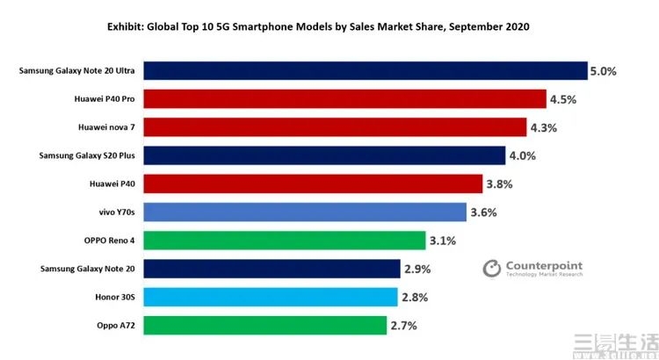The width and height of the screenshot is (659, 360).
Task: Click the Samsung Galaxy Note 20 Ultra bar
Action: click(365, 71)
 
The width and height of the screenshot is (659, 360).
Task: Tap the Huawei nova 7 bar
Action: click(335, 127)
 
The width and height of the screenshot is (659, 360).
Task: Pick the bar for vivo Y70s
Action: click(304, 212)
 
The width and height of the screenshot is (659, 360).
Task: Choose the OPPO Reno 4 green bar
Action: click(285, 241)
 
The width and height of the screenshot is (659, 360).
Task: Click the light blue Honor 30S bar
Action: click(271, 297)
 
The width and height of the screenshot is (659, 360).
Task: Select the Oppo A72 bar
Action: click(264, 326)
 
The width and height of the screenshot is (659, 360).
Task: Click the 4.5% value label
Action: click(563, 99)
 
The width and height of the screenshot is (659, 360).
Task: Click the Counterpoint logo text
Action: click(544, 266)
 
